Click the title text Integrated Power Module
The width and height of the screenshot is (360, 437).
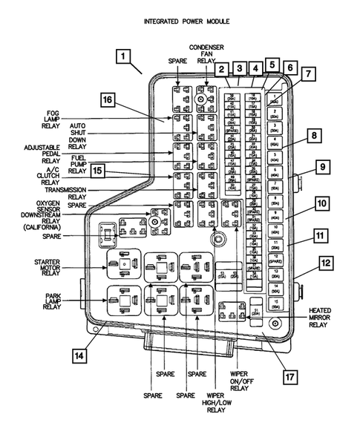click(186, 22)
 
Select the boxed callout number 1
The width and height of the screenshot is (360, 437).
click(124, 56)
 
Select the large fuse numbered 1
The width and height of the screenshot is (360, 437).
click(275, 100)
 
